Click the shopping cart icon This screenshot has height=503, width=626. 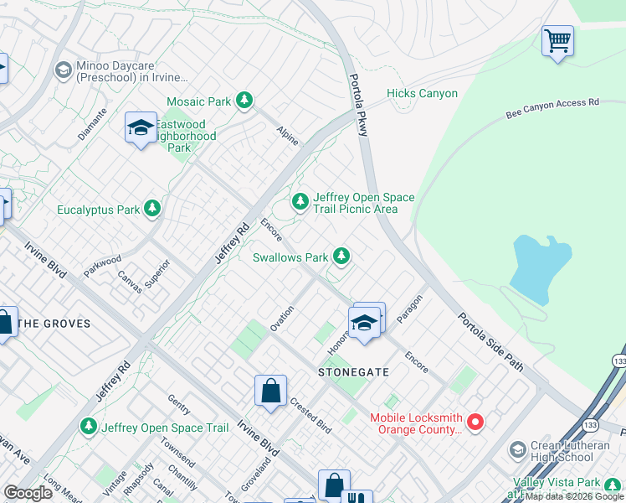(557, 40)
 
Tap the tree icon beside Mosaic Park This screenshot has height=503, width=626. (244, 101)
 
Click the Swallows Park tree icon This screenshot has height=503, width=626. (341, 257)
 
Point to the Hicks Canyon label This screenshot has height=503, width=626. (422, 94)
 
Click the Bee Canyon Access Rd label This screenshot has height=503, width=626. (553, 109)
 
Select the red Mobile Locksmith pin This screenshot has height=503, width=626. (475, 421)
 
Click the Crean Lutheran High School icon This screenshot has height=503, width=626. (517, 450)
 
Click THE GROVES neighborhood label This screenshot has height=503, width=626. (54, 324)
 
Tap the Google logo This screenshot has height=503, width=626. (28, 493)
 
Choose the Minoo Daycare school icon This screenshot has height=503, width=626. (62, 70)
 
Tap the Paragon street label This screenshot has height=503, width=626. (410, 309)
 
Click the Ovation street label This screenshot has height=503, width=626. (282, 318)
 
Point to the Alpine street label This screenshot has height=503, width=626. (287, 136)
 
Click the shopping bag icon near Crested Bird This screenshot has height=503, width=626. (270, 391)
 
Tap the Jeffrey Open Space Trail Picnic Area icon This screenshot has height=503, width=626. (300, 201)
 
